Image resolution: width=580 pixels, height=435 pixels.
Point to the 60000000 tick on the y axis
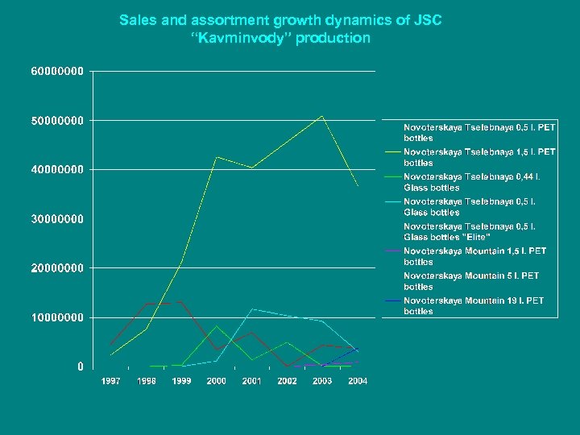(57, 71)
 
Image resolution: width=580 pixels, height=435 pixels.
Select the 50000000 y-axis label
(57, 120)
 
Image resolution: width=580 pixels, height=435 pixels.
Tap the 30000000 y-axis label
(57, 218)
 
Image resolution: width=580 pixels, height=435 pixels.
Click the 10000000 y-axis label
(57, 317)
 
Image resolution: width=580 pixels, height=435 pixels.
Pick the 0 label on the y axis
(81, 367)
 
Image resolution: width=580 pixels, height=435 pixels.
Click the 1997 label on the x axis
(110, 381)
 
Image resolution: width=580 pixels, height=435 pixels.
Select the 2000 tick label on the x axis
(217, 381)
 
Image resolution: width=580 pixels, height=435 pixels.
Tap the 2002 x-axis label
(287, 381)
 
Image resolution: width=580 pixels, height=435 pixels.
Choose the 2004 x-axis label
(358, 381)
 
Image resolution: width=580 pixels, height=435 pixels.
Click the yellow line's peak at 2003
(322, 116)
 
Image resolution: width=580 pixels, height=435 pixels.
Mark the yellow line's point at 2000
(217, 156)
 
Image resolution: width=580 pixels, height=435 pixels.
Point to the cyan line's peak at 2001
(252, 309)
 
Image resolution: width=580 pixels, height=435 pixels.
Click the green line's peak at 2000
(217, 325)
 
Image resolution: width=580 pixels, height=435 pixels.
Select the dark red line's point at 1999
(181, 302)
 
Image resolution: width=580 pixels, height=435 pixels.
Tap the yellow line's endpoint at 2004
(358, 186)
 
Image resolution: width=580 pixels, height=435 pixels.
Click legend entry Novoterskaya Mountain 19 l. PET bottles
(473, 306)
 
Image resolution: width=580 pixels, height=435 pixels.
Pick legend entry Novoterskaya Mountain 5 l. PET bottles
(471, 281)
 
